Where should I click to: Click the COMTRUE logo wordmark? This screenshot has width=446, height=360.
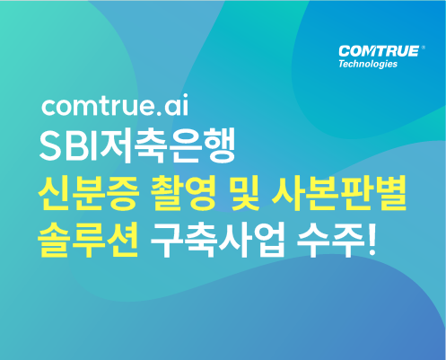coord(379,51)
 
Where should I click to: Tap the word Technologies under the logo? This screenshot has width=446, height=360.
coord(368,64)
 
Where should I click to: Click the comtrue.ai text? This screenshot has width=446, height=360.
coord(115,105)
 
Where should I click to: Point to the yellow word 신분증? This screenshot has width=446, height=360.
coord(89,193)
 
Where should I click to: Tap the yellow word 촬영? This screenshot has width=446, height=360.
coord(183,193)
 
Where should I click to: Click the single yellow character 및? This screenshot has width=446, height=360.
coord(243,193)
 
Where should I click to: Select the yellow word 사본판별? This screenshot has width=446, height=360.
coord(338,193)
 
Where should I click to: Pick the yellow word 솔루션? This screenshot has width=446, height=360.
coord(88,240)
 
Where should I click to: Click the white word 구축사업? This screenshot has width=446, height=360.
coord(217,240)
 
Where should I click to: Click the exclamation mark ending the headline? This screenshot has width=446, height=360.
coord(372,240)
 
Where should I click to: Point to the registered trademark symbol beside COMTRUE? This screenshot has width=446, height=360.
coord(423,48)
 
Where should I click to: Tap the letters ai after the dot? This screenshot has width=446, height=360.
coord(177,105)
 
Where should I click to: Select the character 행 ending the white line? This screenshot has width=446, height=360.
coord(220,145)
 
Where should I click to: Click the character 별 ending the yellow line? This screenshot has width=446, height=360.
coord(391,193)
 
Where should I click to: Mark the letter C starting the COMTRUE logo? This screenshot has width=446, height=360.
coord(344,51)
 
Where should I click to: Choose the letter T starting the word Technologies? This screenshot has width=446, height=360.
coord(341,64)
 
